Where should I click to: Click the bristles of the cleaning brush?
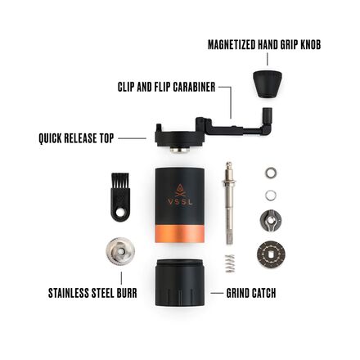click(x=120, y=182)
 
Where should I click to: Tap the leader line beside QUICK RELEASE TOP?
click(x=131, y=138)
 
